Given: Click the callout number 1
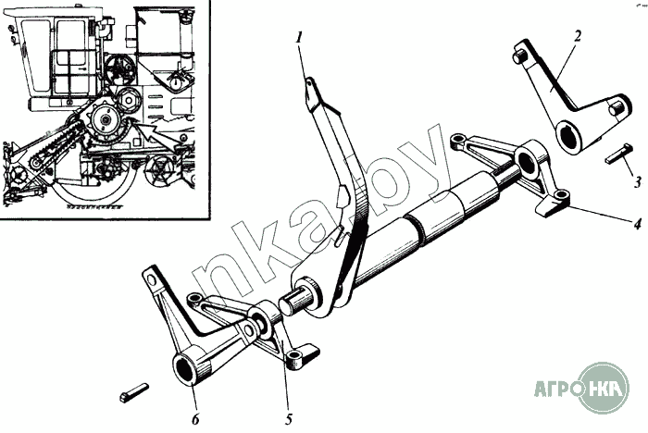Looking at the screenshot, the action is tap(299, 39).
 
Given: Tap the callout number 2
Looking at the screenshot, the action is tap(578, 36).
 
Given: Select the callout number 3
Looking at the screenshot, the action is tap(638, 181).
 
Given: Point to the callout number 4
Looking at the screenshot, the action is tap(637, 224).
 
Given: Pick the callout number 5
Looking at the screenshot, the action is tap(289, 419).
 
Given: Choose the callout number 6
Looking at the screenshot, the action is tap(195, 419).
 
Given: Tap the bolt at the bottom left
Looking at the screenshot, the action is tap(133, 392).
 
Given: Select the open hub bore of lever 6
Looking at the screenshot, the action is tap(185, 368).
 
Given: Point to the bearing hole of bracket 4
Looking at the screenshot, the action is tap(525, 162).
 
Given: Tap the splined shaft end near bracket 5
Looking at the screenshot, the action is tap(293, 303).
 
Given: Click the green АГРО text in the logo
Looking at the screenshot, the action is tap(556, 389).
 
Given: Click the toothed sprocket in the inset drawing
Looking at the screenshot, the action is tap(106, 121).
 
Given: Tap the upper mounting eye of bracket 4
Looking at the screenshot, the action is tap(456, 141).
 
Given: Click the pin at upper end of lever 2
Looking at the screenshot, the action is tap(519, 55).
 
